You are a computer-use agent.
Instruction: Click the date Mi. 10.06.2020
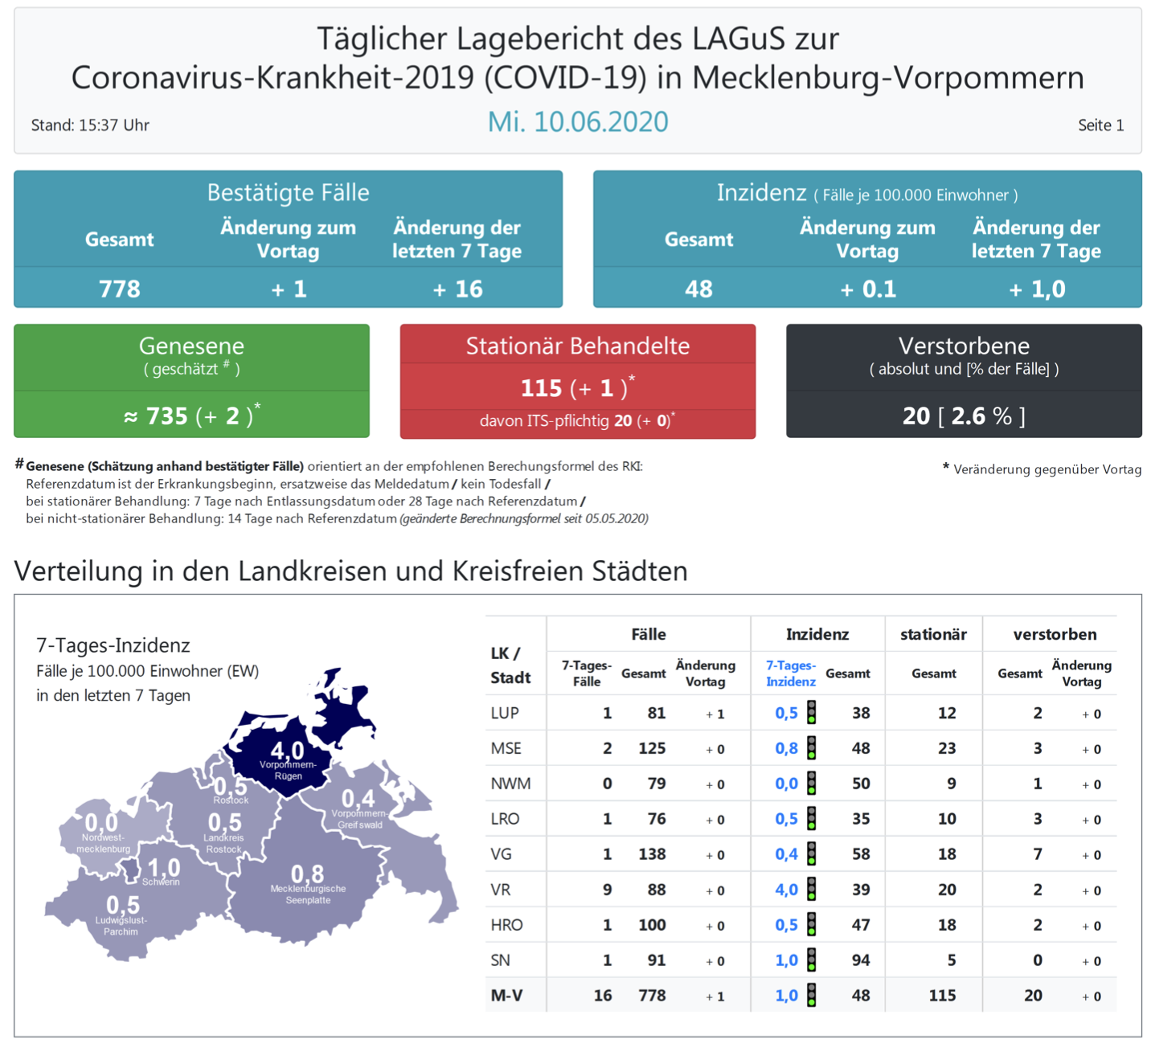click(x=577, y=122)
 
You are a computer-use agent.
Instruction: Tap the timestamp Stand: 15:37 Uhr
click(x=90, y=125)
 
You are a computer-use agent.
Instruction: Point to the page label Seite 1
click(x=1100, y=125)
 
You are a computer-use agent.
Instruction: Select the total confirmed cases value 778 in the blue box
click(x=119, y=289)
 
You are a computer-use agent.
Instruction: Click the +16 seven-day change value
click(x=457, y=289)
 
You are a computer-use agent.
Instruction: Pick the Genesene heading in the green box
click(x=191, y=346)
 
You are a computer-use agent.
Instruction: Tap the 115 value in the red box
click(x=541, y=388)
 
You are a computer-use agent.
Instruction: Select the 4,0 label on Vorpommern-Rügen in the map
click(x=287, y=751)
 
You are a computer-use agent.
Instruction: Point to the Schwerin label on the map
click(x=161, y=882)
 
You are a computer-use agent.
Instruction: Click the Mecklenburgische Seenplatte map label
click(x=308, y=894)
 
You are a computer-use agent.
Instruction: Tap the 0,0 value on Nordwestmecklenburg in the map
click(x=101, y=822)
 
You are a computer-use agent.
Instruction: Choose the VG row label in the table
click(x=501, y=854)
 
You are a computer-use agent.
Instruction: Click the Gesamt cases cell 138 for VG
click(x=651, y=854)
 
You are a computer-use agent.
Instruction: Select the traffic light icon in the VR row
click(x=812, y=889)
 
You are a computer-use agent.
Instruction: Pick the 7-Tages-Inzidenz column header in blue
click(x=790, y=673)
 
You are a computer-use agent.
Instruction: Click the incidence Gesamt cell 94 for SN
click(x=860, y=960)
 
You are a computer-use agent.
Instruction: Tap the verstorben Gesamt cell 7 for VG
click(x=1037, y=854)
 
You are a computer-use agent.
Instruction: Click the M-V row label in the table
click(x=506, y=996)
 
